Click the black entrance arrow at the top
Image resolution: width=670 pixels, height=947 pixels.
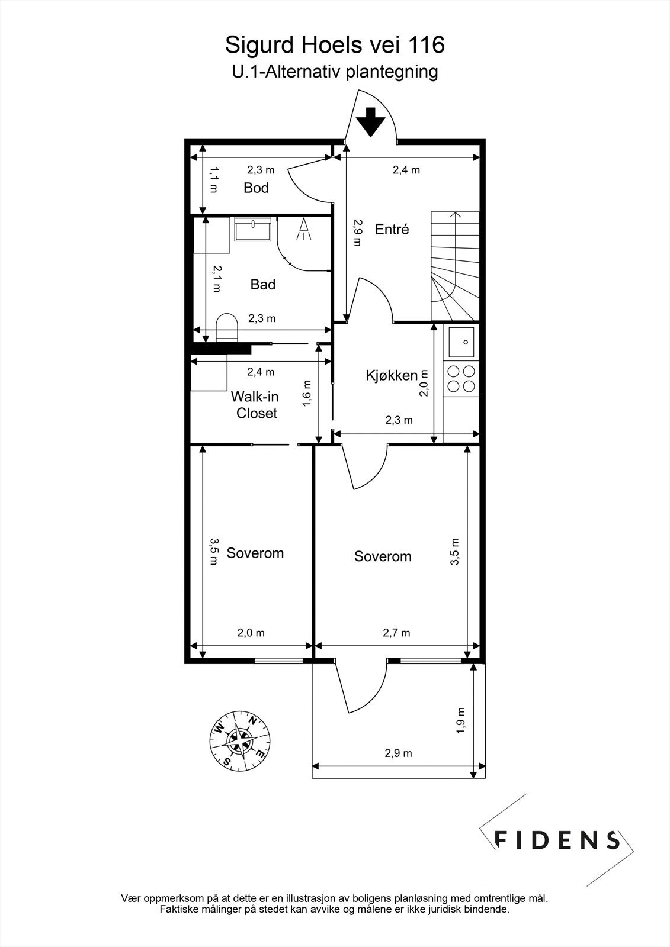(x=371, y=122)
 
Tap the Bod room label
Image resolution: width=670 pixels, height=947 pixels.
(x=256, y=188)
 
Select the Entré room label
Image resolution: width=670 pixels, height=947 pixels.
(x=392, y=229)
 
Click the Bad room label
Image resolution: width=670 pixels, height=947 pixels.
(x=263, y=284)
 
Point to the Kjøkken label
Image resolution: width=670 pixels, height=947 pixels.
(x=392, y=375)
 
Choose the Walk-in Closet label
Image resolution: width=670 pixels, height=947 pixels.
(x=255, y=405)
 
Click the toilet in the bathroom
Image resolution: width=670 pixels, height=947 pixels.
(x=227, y=327)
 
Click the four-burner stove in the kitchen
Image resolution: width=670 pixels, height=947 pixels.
(x=461, y=379)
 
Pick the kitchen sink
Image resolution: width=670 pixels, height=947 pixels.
(x=461, y=343)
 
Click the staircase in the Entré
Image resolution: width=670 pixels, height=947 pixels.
(x=455, y=266)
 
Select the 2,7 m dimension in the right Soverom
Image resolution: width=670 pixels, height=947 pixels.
(x=396, y=633)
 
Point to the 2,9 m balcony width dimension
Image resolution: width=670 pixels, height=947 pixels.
(x=398, y=753)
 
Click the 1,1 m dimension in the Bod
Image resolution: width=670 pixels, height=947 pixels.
(x=214, y=180)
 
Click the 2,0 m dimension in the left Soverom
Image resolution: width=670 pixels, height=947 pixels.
(x=251, y=633)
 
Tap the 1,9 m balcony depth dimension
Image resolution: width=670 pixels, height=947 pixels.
(x=461, y=720)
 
